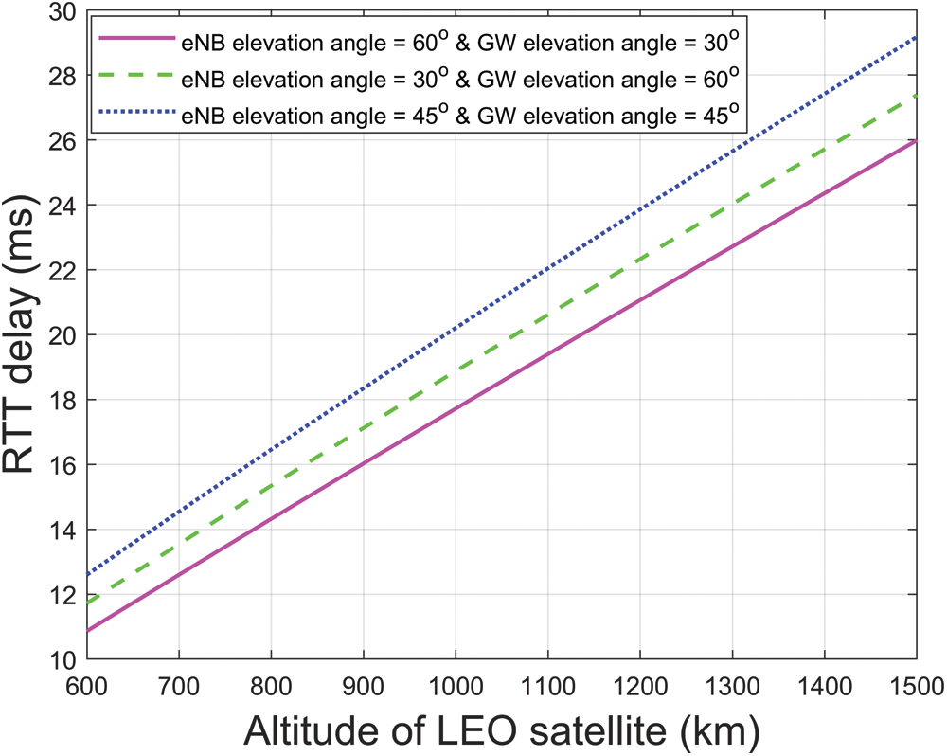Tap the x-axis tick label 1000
pyautogui.click(x=456, y=683)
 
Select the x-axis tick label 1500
pyautogui.click(x=916, y=683)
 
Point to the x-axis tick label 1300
pyautogui.click(x=732, y=683)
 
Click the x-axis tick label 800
pyautogui.click(x=271, y=683)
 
